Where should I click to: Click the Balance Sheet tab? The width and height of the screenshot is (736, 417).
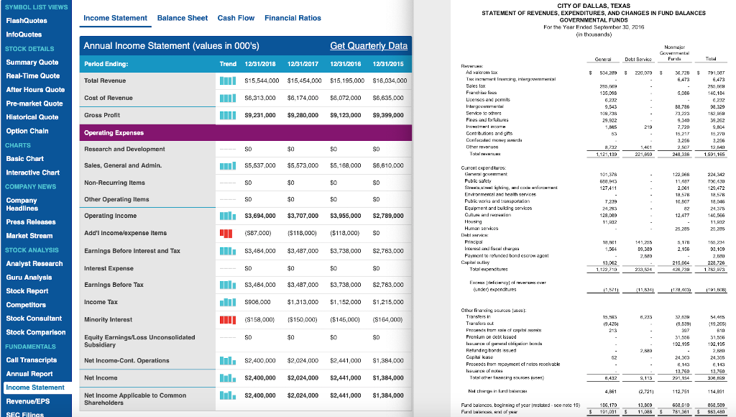click(x=182, y=17)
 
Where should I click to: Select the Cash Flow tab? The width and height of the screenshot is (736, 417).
click(x=236, y=17)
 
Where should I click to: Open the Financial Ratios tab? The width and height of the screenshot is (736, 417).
click(x=293, y=17)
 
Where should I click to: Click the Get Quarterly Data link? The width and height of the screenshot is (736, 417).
click(x=368, y=46)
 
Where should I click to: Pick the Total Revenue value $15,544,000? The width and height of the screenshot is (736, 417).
click(x=263, y=81)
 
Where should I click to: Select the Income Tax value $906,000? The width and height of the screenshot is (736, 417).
click(x=259, y=303)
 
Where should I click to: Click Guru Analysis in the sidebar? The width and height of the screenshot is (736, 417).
click(x=28, y=277)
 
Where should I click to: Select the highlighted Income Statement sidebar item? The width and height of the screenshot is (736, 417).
click(x=35, y=388)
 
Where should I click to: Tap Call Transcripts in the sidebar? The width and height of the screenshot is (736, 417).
click(x=32, y=359)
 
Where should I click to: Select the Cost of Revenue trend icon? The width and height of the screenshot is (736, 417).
click(x=227, y=97)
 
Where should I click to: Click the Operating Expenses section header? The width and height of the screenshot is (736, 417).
click(x=114, y=133)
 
